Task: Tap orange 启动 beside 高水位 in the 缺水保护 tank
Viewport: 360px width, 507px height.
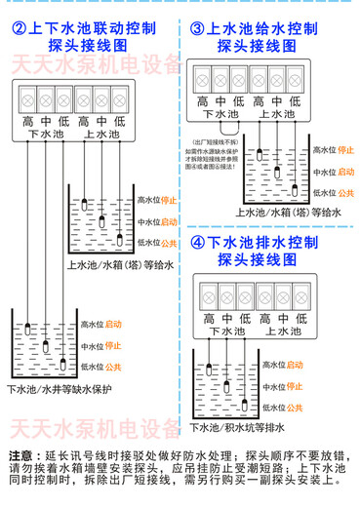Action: click(114, 324)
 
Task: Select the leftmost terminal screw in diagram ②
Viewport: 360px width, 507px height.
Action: click(27, 98)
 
